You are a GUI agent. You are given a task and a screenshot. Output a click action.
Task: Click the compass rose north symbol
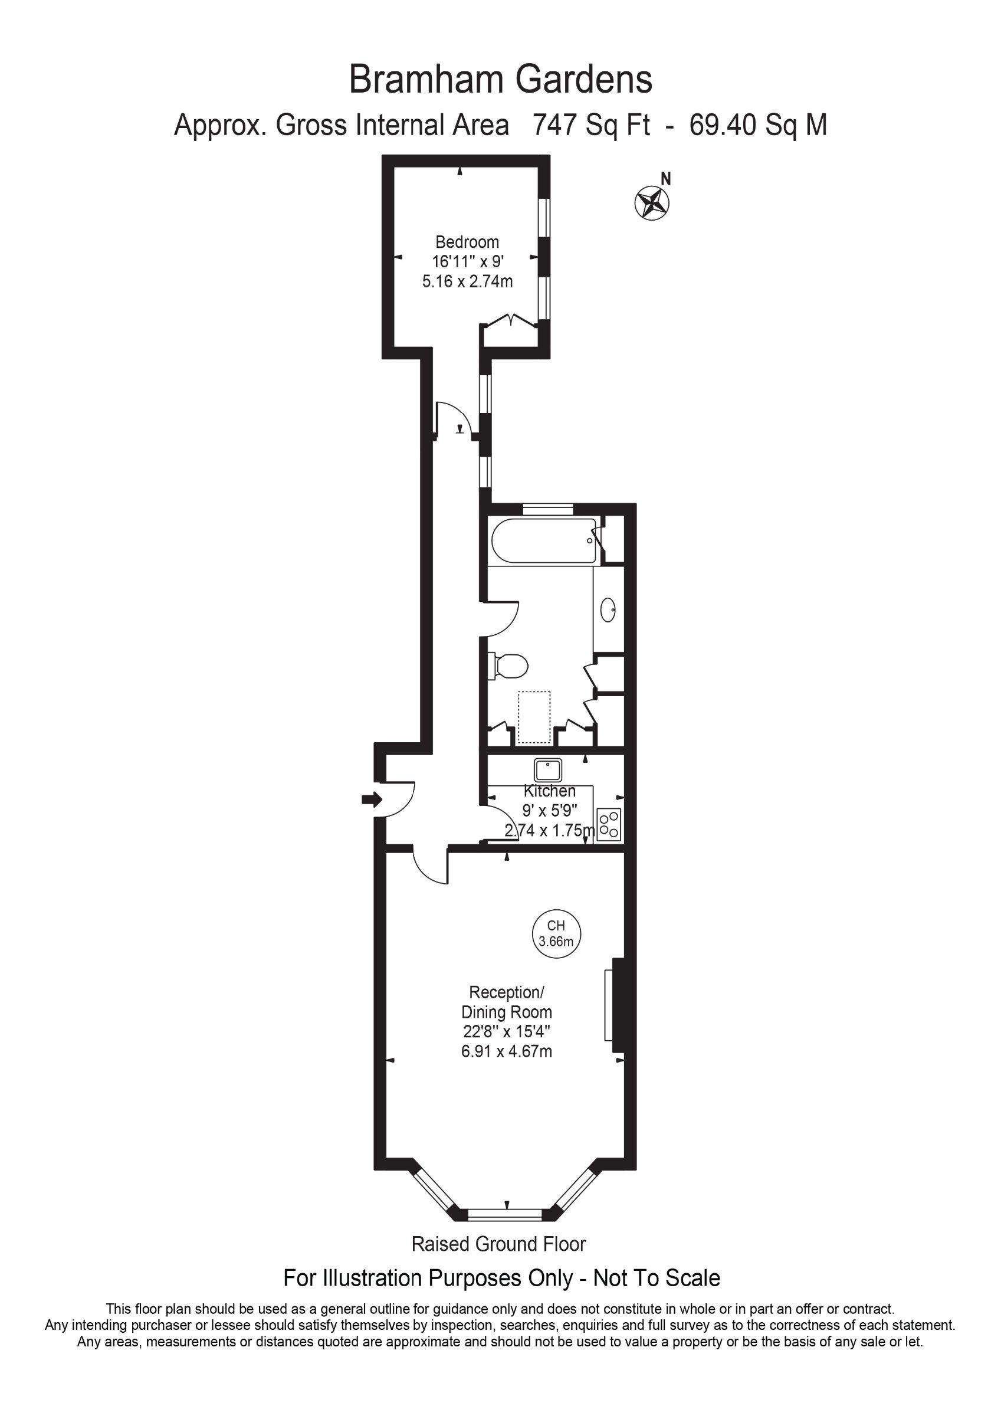(x=652, y=202)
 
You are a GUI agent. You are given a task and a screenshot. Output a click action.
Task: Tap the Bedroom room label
(x=467, y=242)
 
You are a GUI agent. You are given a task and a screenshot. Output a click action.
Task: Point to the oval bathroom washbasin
(x=608, y=610)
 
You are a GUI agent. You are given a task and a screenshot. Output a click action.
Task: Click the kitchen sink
(x=547, y=771)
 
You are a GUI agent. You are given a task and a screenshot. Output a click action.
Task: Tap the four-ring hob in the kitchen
(x=609, y=824)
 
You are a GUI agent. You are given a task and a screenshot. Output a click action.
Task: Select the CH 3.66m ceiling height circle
(x=556, y=934)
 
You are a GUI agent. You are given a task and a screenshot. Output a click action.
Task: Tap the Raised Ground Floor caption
(x=498, y=1244)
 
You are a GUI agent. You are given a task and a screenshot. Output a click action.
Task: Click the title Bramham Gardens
(x=500, y=80)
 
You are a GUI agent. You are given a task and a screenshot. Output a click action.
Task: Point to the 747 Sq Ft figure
(x=591, y=125)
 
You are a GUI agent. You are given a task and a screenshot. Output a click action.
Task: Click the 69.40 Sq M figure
(x=758, y=125)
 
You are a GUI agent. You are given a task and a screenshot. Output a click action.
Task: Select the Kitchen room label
(x=550, y=791)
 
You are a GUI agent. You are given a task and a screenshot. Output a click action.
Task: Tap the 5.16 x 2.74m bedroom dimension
(x=468, y=282)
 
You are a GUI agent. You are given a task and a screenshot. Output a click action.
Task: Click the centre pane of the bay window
(x=505, y=1215)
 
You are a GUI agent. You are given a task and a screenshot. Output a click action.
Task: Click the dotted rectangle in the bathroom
(x=534, y=717)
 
